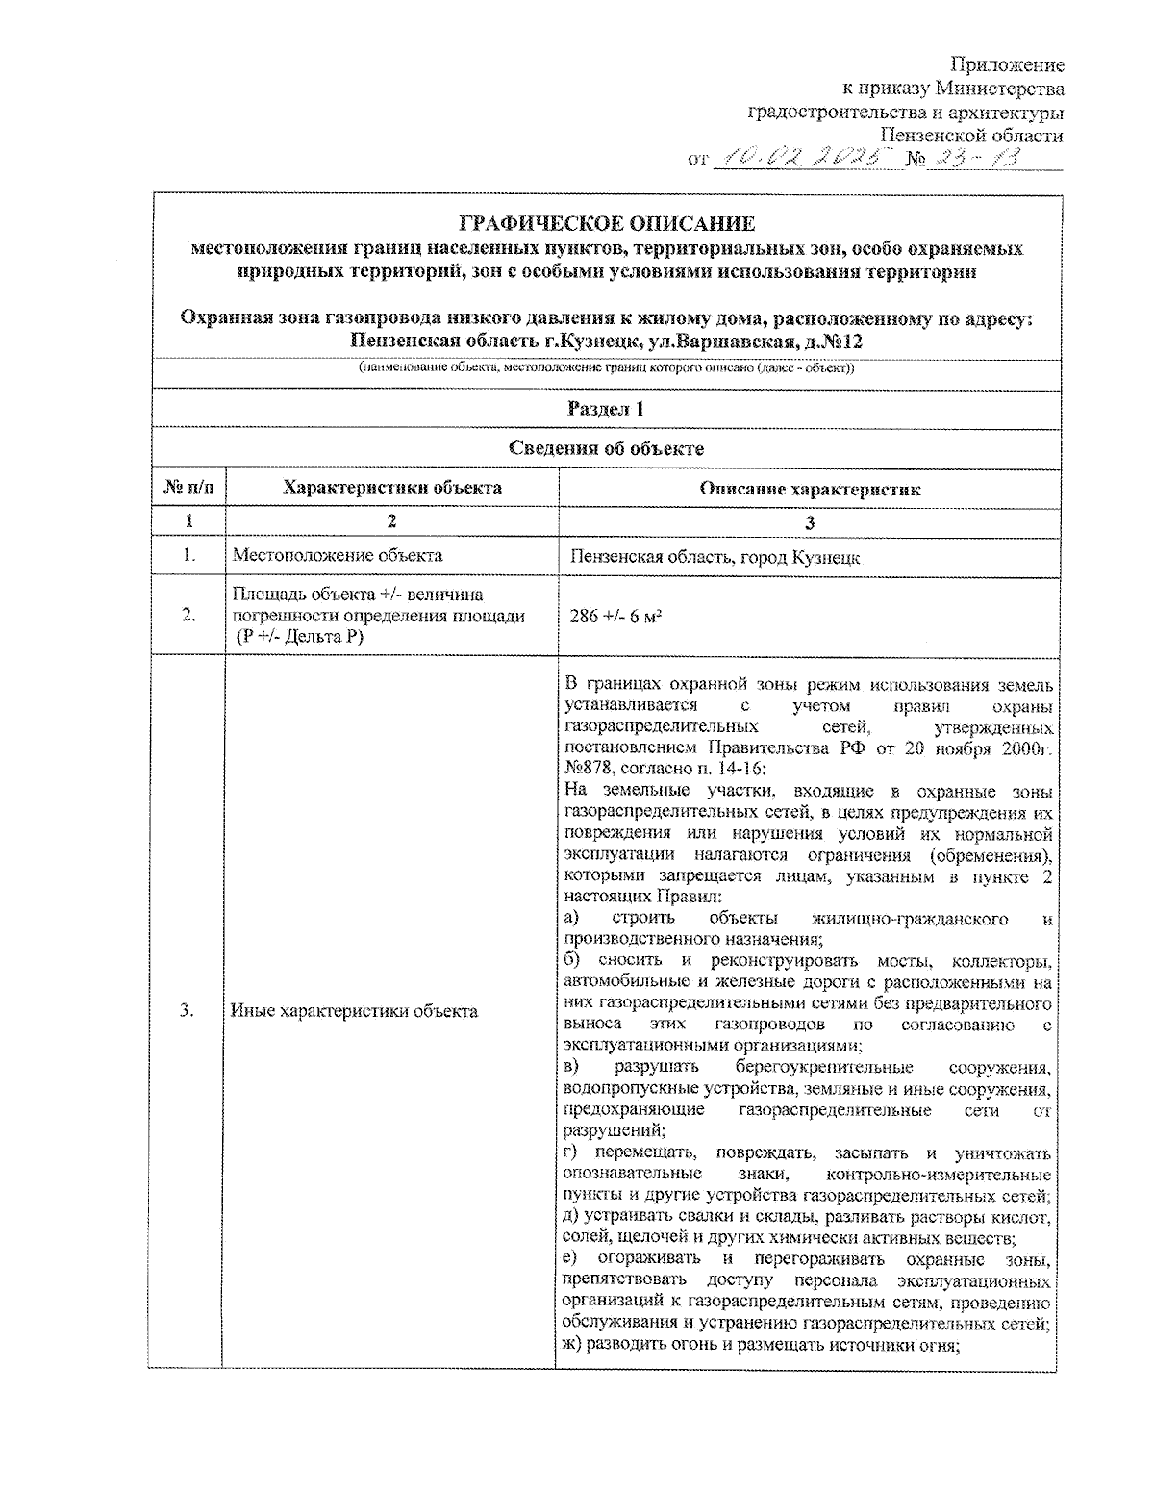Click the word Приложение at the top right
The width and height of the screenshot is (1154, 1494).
tap(1007, 65)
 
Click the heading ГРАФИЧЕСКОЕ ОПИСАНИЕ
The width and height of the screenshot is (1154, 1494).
tap(607, 224)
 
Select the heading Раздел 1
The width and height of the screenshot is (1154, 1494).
tap(606, 409)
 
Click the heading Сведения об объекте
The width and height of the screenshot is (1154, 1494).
tap(606, 448)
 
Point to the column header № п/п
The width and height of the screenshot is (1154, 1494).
tap(188, 488)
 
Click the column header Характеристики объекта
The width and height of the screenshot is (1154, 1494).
tap(391, 488)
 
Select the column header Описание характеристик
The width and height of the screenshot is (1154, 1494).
tap(809, 489)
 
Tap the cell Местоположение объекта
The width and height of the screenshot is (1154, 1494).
tap(338, 555)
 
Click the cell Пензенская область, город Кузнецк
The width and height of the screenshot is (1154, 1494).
tap(715, 557)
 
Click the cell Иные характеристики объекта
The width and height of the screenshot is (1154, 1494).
tap(354, 1011)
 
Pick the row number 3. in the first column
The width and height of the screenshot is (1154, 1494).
tap(188, 1010)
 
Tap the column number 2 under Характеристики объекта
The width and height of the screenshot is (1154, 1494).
tap(391, 521)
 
